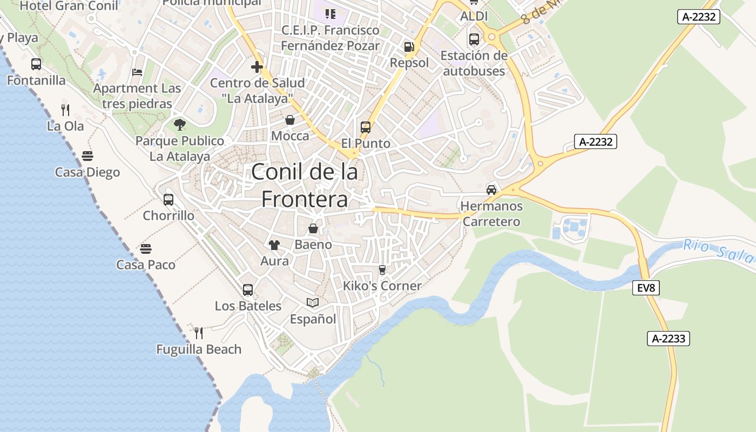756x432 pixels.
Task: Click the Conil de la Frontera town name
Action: (305, 185)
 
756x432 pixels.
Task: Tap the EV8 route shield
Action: (646, 288)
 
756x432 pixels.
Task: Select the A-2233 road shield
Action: (669, 339)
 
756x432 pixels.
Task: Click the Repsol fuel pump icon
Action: (409, 47)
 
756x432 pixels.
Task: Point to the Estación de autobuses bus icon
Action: (474, 39)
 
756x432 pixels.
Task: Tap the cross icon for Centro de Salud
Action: (257, 67)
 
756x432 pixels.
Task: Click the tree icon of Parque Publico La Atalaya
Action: (180, 125)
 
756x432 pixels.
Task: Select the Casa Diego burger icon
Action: (87, 157)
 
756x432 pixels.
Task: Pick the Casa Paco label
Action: (146, 265)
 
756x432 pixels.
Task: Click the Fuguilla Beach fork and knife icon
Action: (199, 333)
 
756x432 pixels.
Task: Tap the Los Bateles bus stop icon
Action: (248, 290)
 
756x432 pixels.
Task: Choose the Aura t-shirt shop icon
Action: (274, 245)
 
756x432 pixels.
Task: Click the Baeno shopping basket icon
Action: (313, 228)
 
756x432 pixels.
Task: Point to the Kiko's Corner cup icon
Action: (382, 269)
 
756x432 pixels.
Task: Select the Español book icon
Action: (313, 303)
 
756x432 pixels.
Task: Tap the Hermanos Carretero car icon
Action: (491, 190)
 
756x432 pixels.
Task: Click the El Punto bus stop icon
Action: (366, 127)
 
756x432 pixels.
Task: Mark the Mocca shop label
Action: (290, 136)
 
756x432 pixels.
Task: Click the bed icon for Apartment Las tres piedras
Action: (137, 72)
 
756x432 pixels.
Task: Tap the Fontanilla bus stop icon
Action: (36, 64)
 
